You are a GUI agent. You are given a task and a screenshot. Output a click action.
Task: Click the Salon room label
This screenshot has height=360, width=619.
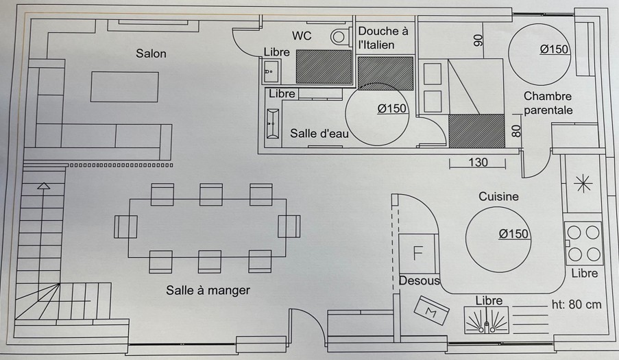(x=151, y=53)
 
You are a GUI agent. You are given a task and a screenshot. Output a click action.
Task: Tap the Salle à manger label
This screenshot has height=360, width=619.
(x=208, y=290)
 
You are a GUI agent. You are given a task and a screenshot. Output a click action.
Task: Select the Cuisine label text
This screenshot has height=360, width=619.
(x=498, y=197)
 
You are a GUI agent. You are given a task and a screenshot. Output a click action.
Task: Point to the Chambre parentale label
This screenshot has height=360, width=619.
(x=548, y=103)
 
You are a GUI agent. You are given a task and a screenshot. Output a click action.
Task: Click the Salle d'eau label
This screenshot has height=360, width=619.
(x=319, y=134)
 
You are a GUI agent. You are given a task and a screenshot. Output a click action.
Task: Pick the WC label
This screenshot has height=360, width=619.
(x=302, y=36)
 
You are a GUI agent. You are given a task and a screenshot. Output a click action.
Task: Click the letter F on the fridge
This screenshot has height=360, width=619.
(x=417, y=252)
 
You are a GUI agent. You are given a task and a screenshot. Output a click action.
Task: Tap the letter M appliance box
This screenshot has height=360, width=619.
(x=432, y=311)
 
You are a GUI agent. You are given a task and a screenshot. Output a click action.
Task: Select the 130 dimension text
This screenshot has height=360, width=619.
(x=478, y=163)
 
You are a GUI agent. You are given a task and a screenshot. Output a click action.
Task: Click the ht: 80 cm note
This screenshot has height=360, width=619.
(x=576, y=304)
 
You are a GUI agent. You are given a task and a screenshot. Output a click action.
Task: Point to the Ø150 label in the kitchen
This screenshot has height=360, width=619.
(x=513, y=235)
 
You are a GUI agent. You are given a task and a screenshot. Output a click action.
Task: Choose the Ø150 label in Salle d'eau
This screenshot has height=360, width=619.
(x=392, y=108)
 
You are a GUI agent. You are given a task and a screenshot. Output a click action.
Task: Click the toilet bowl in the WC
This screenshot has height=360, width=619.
(x=339, y=36)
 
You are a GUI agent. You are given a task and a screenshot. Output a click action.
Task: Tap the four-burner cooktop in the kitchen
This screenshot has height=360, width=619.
(x=583, y=243)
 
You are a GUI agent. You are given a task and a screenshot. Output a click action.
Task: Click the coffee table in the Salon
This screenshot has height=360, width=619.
(x=125, y=87)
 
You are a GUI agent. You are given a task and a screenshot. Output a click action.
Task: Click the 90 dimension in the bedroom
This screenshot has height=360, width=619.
(x=478, y=40)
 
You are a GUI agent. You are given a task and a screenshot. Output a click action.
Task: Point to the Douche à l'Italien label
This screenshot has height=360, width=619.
(x=383, y=38)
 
